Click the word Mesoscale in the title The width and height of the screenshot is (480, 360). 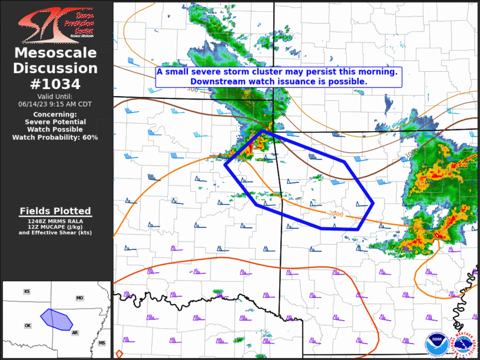click(x=56, y=54)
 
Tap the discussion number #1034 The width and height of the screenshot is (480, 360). click(x=56, y=83)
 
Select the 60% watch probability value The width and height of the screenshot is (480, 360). click(x=90, y=137)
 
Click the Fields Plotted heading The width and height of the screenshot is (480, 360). click(x=55, y=211)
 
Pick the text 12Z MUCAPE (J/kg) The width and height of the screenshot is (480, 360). click(x=55, y=227)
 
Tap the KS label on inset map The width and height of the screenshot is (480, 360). click(x=27, y=292)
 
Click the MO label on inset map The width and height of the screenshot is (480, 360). click(x=80, y=299)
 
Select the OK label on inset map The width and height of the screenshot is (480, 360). click(x=27, y=325)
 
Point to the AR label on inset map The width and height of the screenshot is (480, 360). click(x=75, y=333)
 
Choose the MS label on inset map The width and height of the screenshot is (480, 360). click(x=102, y=343)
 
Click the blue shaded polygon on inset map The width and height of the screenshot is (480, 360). click(x=56, y=319)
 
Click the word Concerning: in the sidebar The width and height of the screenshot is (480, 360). click(x=55, y=114)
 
